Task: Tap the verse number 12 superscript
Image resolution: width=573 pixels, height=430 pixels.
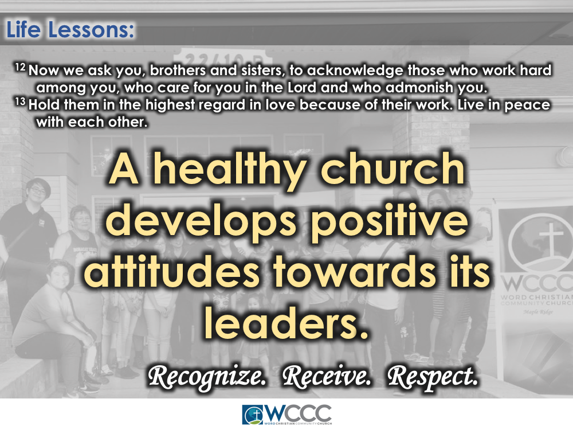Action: (x=20, y=68)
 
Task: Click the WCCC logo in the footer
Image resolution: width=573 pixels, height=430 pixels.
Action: (x=286, y=415)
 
